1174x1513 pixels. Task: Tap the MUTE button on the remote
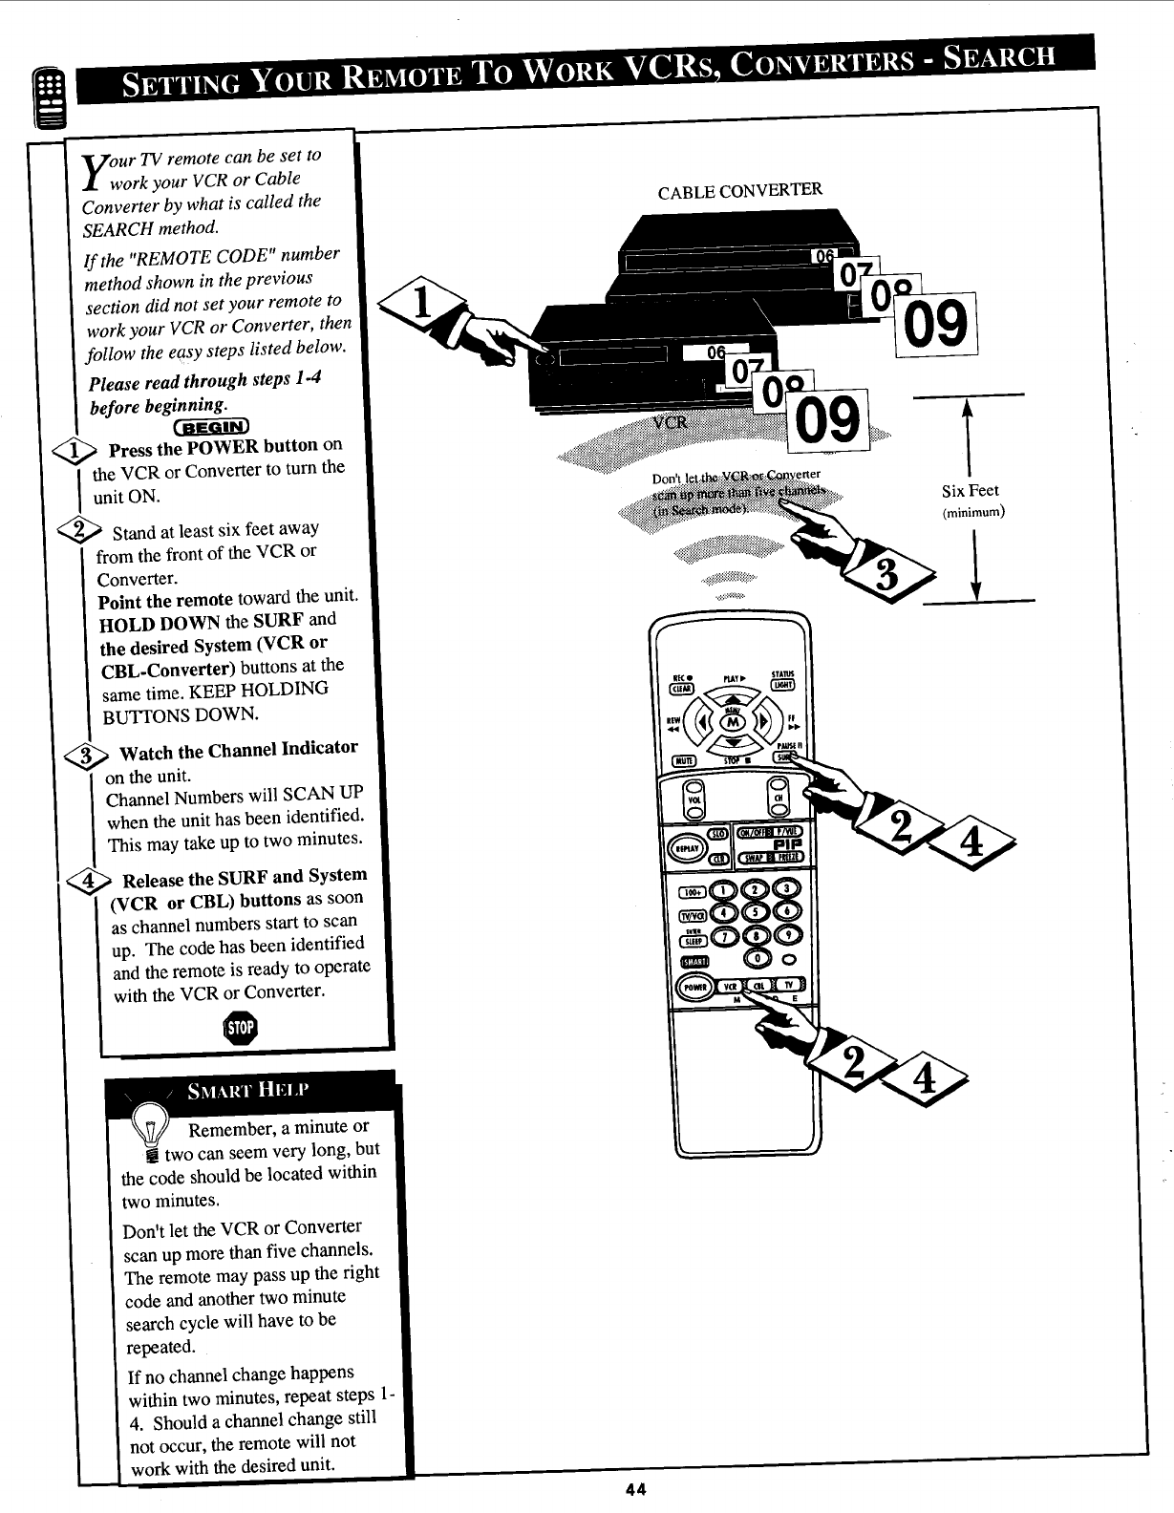pyautogui.click(x=684, y=760)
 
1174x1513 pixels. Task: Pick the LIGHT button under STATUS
pyautogui.click(x=795, y=684)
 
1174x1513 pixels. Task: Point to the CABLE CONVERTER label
pyautogui.click(x=739, y=190)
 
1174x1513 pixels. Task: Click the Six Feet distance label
pyautogui.click(x=970, y=491)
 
